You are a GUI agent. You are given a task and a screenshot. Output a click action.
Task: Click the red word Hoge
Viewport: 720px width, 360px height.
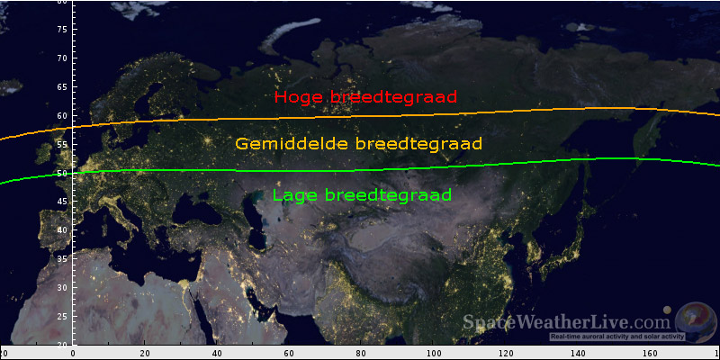(301, 97)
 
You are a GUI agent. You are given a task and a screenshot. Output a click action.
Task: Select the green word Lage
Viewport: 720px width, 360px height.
(293, 195)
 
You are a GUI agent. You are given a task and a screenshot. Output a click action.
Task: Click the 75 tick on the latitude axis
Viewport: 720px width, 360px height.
(63, 29)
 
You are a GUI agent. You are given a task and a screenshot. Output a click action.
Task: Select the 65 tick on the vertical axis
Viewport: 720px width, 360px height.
(63, 86)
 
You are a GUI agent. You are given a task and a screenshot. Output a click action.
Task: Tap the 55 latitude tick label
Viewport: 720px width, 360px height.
(63, 144)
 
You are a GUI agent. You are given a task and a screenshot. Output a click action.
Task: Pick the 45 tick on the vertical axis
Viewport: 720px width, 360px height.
(63, 201)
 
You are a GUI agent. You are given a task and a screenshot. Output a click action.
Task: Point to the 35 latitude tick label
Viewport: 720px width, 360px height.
(63, 258)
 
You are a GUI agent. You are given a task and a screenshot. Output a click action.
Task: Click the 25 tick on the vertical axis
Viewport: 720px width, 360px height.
(63, 316)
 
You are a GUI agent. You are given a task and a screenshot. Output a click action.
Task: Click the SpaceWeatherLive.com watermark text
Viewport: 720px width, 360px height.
(567, 322)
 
